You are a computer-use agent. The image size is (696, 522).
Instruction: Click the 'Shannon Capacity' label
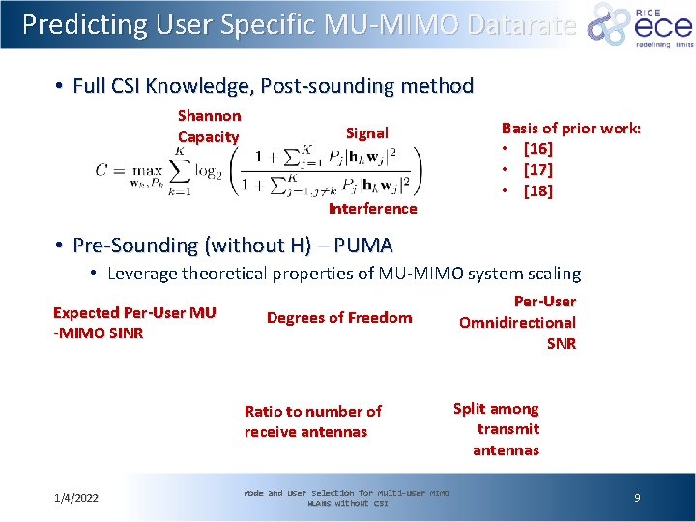point(209,127)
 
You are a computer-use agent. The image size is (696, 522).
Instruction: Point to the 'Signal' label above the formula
point(367,133)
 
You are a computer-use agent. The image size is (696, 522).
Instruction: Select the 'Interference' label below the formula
point(372,209)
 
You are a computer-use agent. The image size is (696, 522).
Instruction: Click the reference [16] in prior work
point(537,149)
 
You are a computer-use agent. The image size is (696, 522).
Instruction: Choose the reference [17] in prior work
point(537,170)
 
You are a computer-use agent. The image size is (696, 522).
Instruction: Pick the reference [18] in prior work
point(537,191)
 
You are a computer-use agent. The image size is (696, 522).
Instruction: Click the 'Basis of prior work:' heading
point(570,128)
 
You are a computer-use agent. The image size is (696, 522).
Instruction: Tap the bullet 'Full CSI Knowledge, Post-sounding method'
point(273,86)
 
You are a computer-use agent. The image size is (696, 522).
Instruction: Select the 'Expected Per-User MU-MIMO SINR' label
point(134,323)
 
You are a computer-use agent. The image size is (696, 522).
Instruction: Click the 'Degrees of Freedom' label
point(339,318)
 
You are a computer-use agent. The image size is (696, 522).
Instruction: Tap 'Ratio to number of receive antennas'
point(312,421)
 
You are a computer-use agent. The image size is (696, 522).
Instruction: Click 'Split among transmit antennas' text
point(497,429)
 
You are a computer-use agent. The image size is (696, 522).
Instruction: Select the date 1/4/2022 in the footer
point(76,498)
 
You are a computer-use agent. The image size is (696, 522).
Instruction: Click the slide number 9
point(637,498)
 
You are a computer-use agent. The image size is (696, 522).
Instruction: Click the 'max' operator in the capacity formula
point(146,170)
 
